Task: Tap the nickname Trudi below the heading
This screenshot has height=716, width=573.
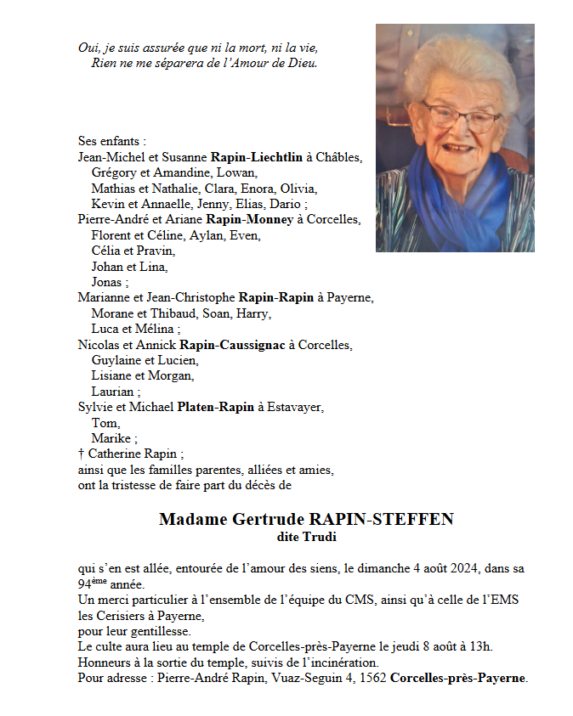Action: [320, 537]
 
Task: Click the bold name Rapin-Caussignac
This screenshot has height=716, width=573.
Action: [233, 345]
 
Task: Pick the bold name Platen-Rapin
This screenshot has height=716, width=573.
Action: [215, 408]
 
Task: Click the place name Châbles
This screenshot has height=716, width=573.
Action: [341, 157]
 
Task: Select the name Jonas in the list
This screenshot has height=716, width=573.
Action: [107, 282]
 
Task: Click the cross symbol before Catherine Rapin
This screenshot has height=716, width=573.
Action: [81, 454]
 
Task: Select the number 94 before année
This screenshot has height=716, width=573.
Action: [83, 585]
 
